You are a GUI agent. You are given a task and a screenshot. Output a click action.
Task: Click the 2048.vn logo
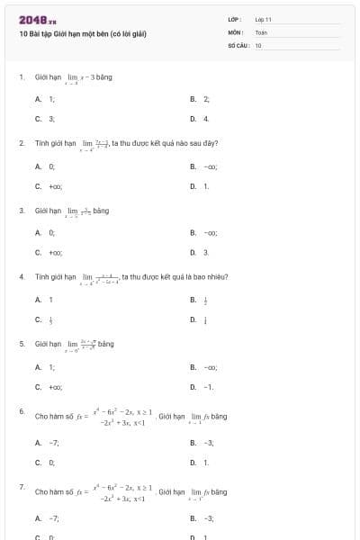pos(38,19)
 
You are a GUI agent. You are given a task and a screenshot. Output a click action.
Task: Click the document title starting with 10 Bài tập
pos(82,33)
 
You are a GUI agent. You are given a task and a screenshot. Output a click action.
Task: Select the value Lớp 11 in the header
pos(263,19)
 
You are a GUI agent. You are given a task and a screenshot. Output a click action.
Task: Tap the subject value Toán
pos(261,31)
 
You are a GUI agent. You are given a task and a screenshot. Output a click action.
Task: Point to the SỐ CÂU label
pos(239,44)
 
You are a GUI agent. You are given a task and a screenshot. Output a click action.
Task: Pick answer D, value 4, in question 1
pos(205,118)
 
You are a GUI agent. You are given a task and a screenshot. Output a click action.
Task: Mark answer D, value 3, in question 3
pos(205,253)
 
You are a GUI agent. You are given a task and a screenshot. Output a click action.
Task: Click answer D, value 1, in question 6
pos(205,462)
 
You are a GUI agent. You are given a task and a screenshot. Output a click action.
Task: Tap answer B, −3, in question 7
pos(208,517)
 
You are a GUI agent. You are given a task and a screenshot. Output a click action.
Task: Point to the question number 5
pos(21,343)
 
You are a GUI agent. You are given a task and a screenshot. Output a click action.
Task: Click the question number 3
pos(21,210)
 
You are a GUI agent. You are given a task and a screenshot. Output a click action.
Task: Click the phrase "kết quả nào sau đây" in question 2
pos(188,143)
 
